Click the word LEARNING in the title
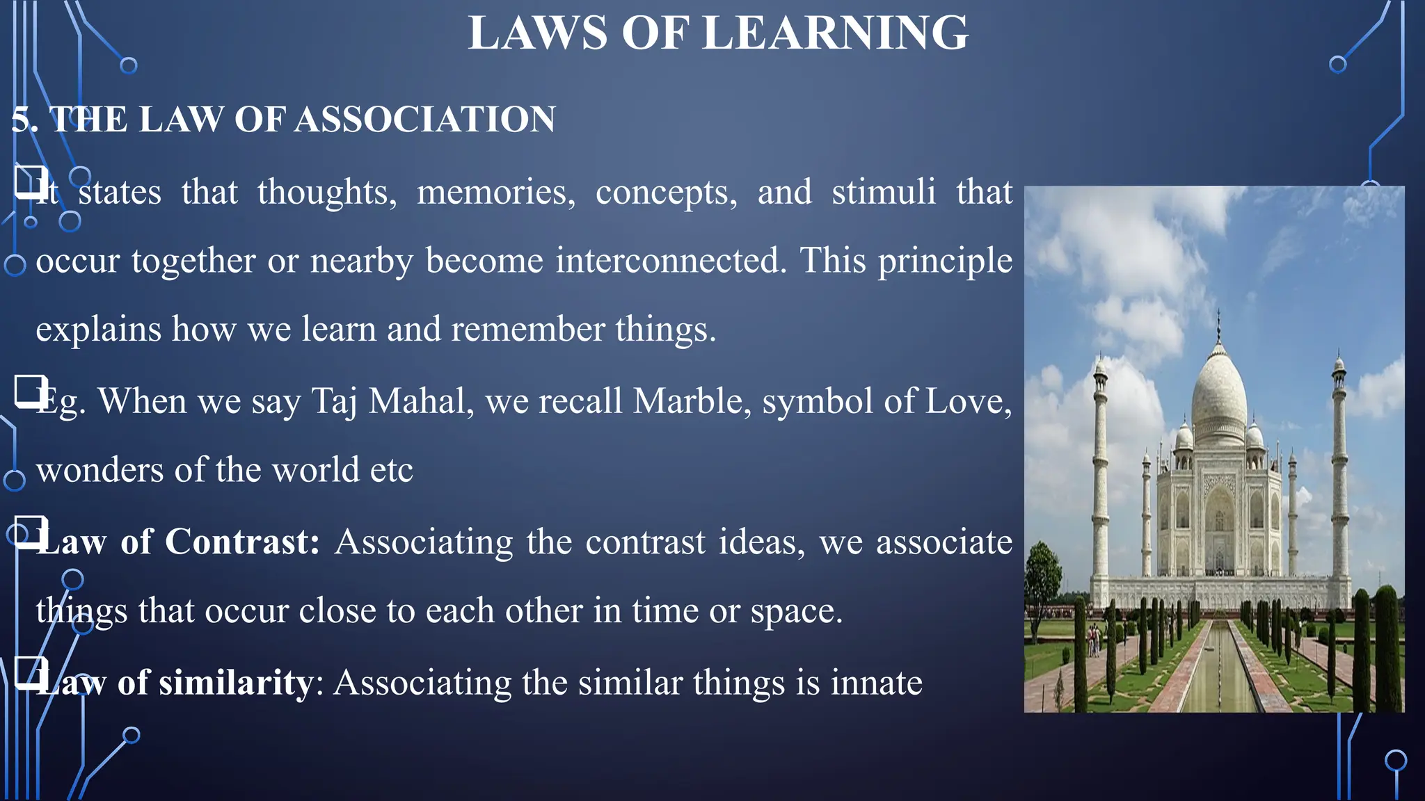[835, 33]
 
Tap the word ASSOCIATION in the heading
[425, 119]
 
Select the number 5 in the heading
[20, 119]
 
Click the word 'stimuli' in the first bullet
[884, 192]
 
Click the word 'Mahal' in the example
[421, 401]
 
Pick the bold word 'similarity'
[236, 682]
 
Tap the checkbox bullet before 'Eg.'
[30, 391]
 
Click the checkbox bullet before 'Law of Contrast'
[30, 532]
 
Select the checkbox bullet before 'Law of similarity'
[30, 672]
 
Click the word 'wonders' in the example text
[99, 471]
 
